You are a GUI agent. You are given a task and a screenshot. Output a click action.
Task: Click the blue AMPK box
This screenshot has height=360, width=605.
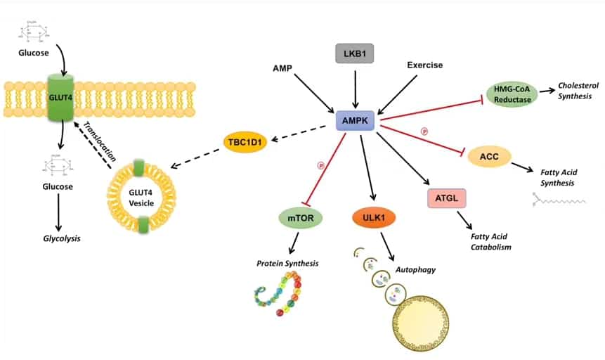coord(357,121)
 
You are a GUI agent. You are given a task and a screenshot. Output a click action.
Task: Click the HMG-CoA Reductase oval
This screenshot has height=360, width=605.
coord(511,94)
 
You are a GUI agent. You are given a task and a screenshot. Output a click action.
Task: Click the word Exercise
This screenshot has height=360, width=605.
coord(425,65)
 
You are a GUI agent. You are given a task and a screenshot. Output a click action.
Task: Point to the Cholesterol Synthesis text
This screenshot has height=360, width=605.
coord(574,90)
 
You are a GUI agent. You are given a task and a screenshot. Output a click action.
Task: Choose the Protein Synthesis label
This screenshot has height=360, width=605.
coord(287,264)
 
